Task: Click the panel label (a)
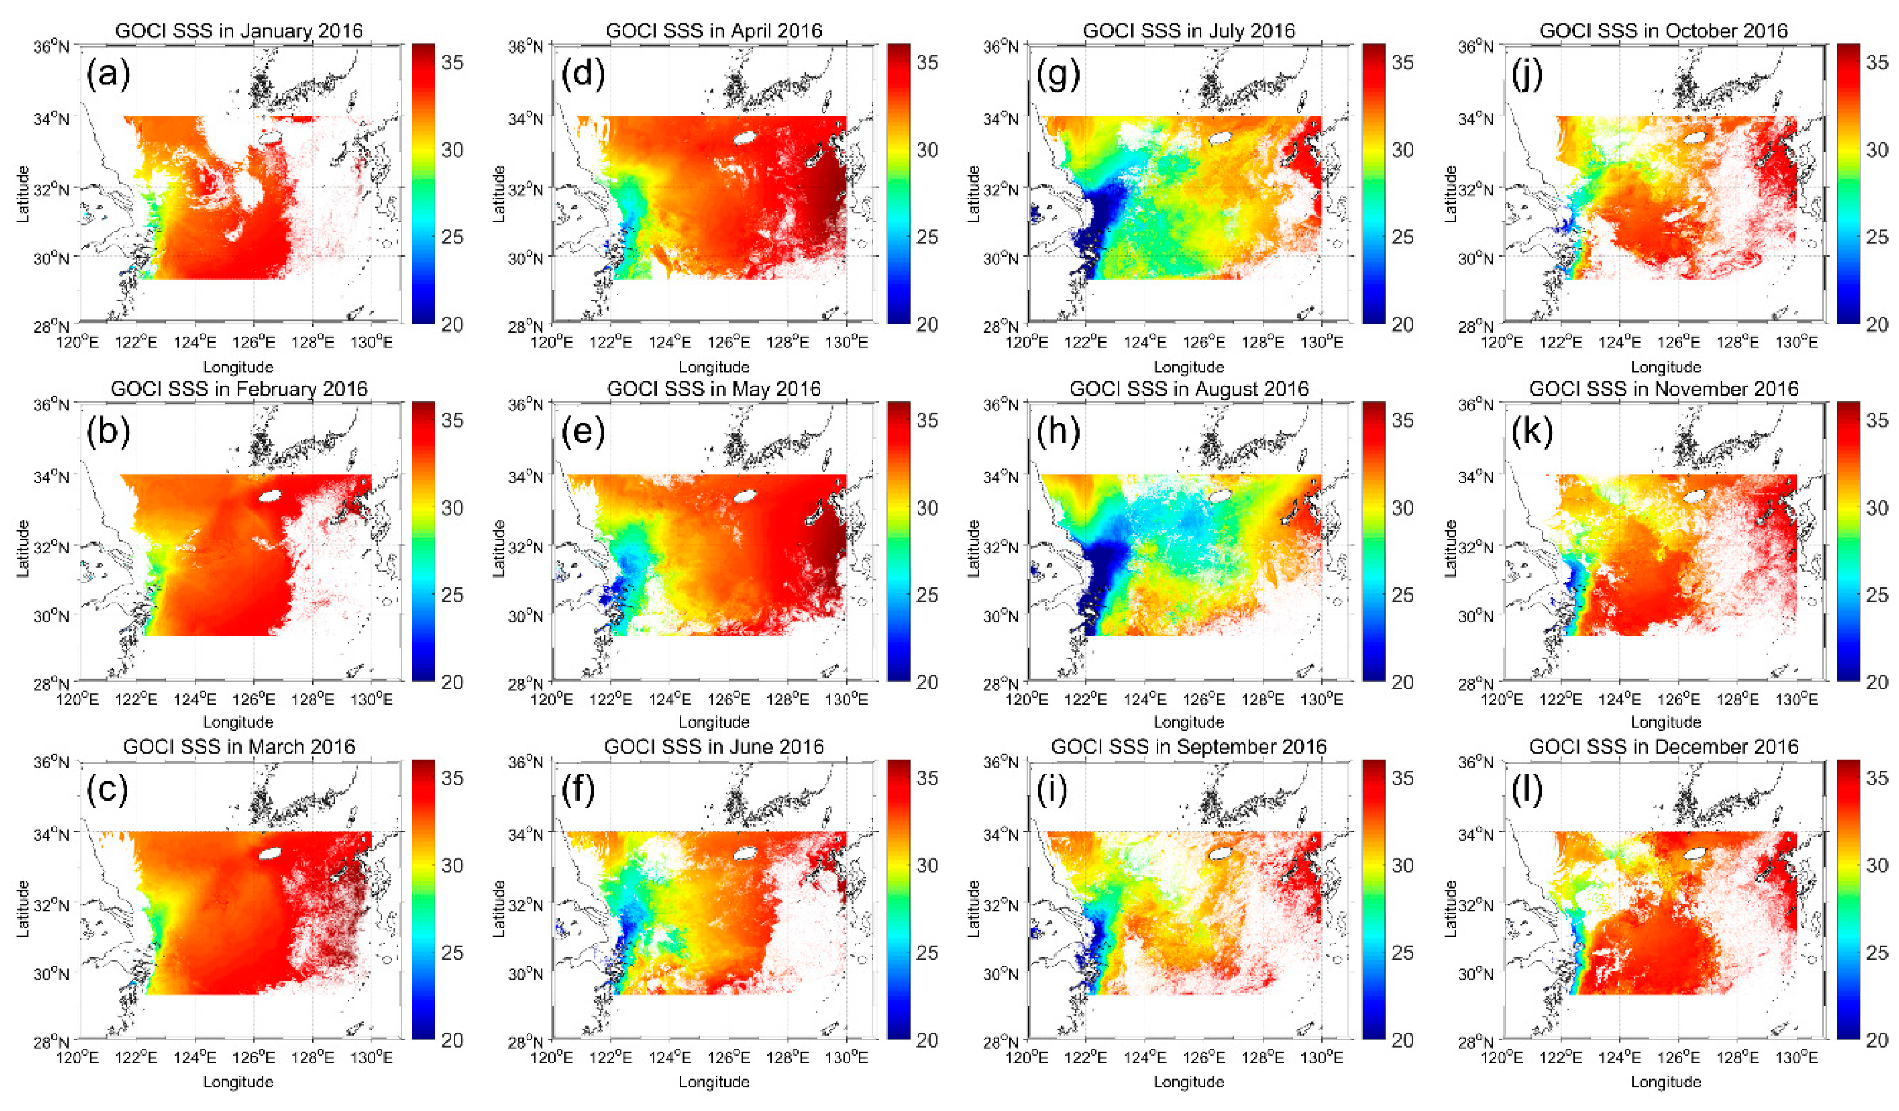[x=109, y=76]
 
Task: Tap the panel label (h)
[x=1058, y=433]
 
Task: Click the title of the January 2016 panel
[x=238, y=31]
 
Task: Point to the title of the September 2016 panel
[x=1188, y=746]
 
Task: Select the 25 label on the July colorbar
[x=1402, y=237]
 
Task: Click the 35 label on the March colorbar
[x=452, y=778]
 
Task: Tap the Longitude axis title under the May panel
[x=713, y=722]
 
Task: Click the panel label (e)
[x=583, y=433]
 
